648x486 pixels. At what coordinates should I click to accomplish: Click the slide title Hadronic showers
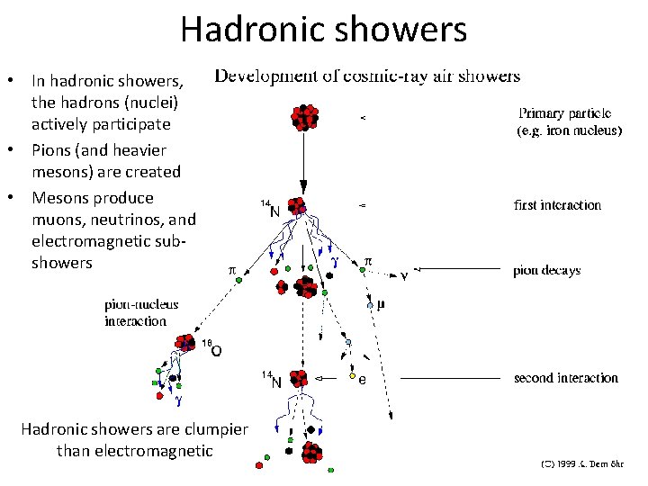click(323, 30)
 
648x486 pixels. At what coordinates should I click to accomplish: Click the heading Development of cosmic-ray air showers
click(366, 76)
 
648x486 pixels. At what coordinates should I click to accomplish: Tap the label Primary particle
click(565, 114)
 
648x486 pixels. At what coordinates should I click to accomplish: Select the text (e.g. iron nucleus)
click(569, 130)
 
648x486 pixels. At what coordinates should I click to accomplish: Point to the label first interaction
click(557, 205)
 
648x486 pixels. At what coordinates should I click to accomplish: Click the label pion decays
click(546, 270)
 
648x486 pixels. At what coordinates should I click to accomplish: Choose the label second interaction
click(566, 378)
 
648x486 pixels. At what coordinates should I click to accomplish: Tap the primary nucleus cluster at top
click(305, 118)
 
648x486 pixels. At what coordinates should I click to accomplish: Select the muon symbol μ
click(381, 305)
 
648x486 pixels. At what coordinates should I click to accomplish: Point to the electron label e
click(363, 381)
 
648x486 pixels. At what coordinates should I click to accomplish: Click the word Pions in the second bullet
click(52, 148)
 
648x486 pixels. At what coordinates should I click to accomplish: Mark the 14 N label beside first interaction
click(270, 209)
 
